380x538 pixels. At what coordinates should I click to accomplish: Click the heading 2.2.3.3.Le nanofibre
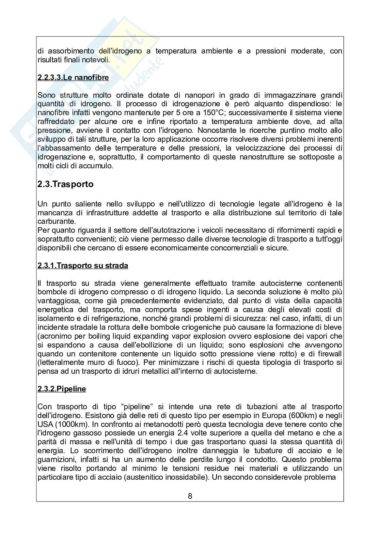click(73, 77)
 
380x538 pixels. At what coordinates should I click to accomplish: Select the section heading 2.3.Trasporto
click(65, 184)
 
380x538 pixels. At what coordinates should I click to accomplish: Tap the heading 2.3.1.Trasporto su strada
click(83, 265)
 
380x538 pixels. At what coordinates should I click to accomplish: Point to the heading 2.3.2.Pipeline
click(62, 389)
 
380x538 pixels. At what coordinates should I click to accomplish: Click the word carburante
click(53, 221)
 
